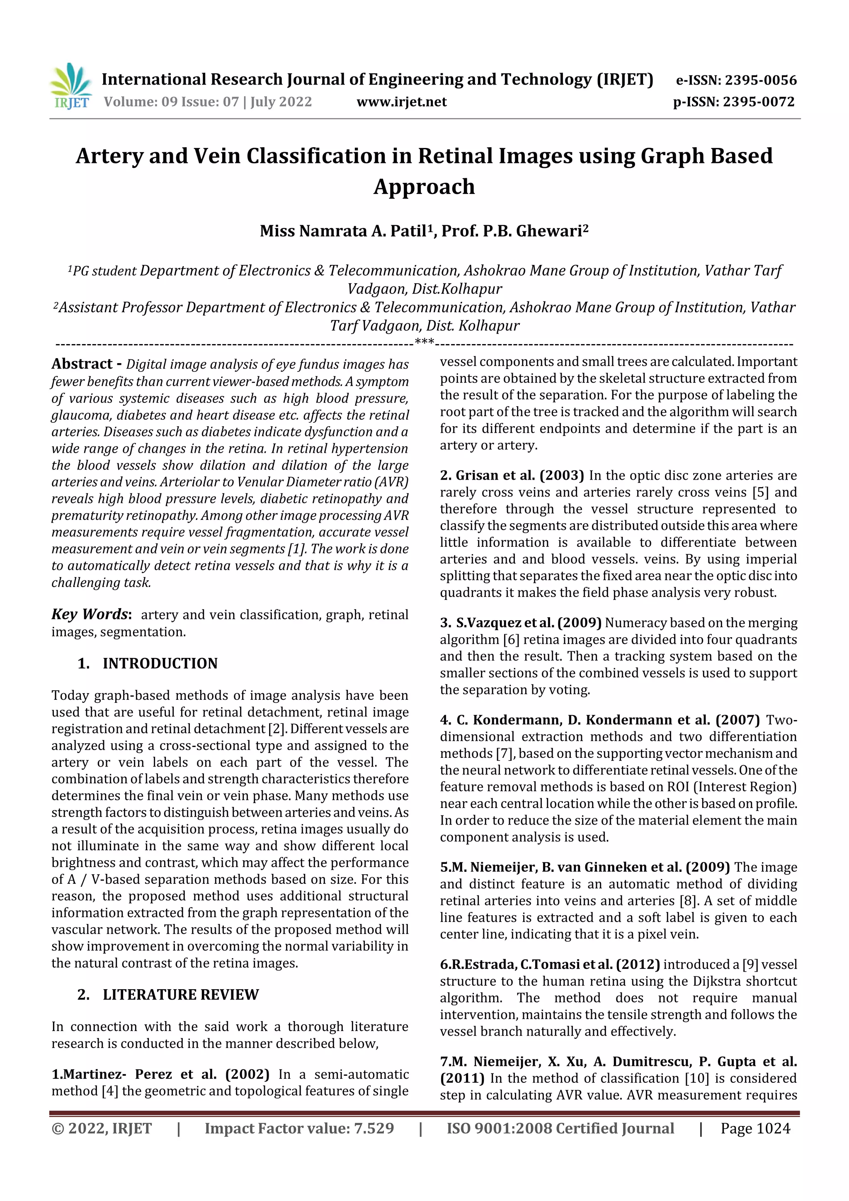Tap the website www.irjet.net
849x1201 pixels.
click(x=401, y=102)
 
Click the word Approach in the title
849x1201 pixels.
click(x=424, y=187)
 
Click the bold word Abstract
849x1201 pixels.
click(x=82, y=364)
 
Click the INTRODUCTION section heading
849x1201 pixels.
click(x=160, y=663)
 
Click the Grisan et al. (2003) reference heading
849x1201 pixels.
click(x=512, y=475)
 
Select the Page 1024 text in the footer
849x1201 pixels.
click(x=755, y=1128)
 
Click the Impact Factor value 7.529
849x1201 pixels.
click(x=299, y=1128)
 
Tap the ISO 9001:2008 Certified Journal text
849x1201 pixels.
click(x=560, y=1128)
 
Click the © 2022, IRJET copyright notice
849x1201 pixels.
click(x=102, y=1128)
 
